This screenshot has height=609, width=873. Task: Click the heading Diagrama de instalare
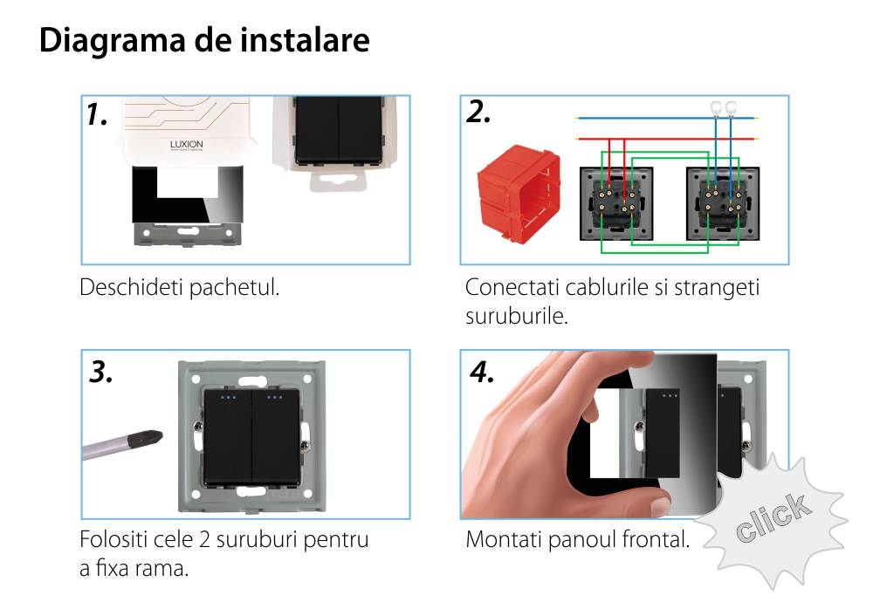click(204, 41)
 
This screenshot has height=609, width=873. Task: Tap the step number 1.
click(97, 115)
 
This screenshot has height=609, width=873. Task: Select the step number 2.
click(478, 113)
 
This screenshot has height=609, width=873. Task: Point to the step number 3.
click(101, 373)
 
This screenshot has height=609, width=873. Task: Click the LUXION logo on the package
click(185, 146)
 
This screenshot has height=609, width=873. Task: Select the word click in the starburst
click(772, 519)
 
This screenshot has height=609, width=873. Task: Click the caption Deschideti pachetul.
click(180, 287)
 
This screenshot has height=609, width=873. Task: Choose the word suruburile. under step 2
click(517, 315)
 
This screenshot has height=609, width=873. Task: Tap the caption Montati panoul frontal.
click(577, 539)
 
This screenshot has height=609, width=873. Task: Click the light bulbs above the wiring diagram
click(722, 109)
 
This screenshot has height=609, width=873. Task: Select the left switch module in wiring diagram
click(616, 203)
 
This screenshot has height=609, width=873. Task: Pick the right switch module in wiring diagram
click(725, 203)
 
